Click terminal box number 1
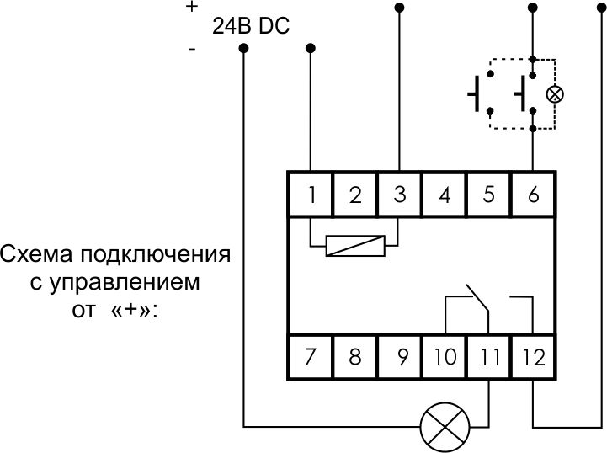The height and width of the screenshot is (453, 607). pyautogui.click(x=311, y=195)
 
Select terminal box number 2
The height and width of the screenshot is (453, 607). pyautogui.click(x=355, y=195)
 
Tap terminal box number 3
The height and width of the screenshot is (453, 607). pyautogui.click(x=399, y=195)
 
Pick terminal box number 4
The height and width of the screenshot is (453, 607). pyautogui.click(x=444, y=195)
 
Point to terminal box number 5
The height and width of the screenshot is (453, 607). pyautogui.click(x=487, y=195)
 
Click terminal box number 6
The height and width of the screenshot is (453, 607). pyautogui.click(x=532, y=195)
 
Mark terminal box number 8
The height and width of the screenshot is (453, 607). pyautogui.click(x=355, y=356)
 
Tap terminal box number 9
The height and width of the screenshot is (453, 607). pyautogui.click(x=399, y=356)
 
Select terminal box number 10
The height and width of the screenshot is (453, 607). pyautogui.click(x=444, y=356)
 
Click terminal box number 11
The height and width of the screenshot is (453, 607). pyautogui.click(x=487, y=356)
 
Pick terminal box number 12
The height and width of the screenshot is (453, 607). pyautogui.click(x=532, y=356)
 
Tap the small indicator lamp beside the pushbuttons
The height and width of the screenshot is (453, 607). pyautogui.click(x=554, y=93)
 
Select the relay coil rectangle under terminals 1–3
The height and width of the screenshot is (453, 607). pyautogui.click(x=354, y=247)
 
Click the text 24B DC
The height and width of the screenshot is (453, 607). pyautogui.click(x=251, y=27)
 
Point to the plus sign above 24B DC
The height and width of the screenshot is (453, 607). pyautogui.click(x=192, y=7)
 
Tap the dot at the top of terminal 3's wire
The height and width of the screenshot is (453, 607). pyautogui.click(x=399, y=8)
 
